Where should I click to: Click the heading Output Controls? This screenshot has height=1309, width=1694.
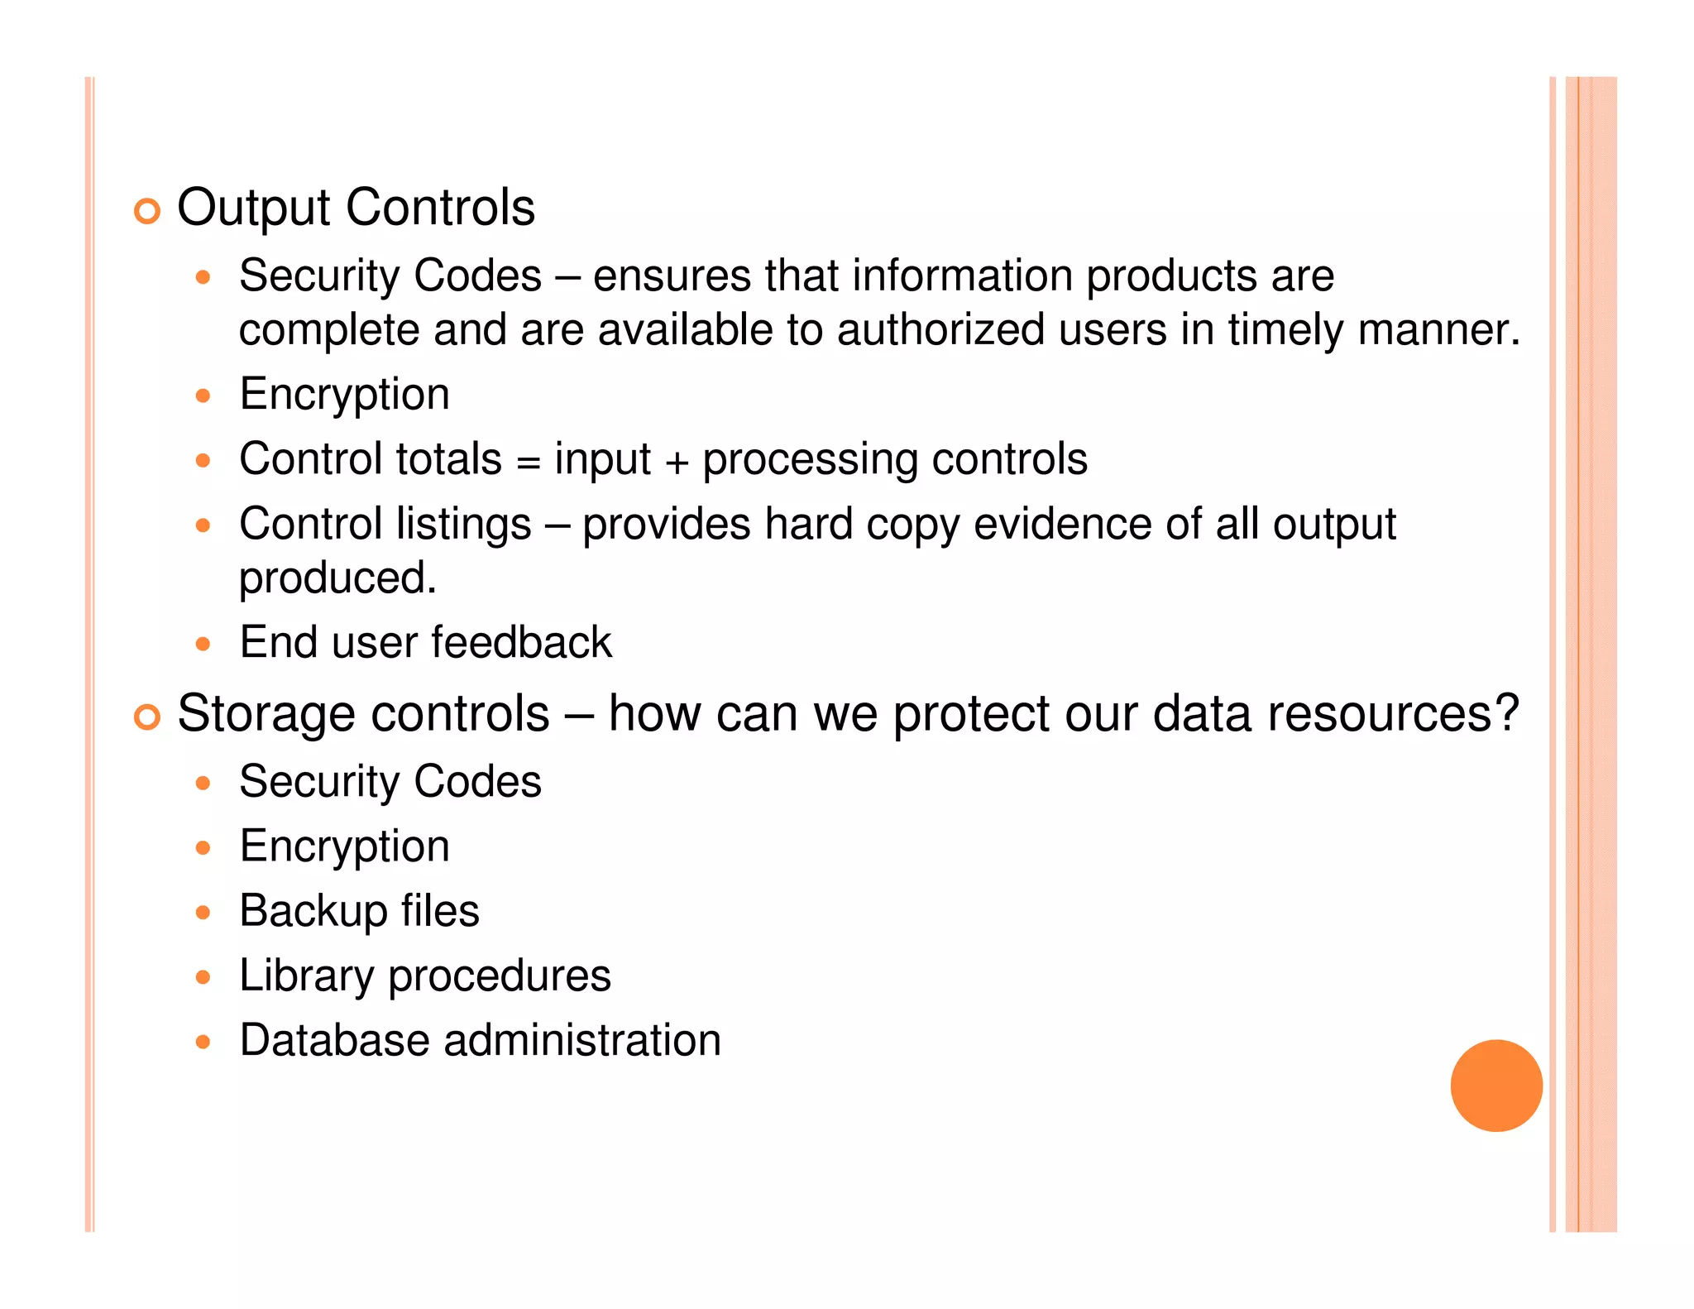coord(356,207)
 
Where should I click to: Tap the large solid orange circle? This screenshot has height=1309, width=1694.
coord(1495,1085)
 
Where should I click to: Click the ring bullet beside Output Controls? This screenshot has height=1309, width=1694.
coord(147,212)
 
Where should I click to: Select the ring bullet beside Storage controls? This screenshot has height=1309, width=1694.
coord(147,717)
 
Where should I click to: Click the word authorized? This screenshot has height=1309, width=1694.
coord(940,330)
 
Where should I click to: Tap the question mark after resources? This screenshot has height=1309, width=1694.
coord(1505,713)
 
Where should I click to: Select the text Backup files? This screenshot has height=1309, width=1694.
coord(359,912)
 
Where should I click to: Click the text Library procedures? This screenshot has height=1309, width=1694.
coord(424,976)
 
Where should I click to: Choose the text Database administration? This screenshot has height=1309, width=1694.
coord(480,1040)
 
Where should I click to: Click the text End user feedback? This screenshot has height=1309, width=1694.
coord(425,642)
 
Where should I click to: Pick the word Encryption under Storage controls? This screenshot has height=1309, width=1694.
coord(344,847)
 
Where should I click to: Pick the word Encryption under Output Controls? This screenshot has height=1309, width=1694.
coord(344,395)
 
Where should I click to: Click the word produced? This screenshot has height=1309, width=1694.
coord(337,578)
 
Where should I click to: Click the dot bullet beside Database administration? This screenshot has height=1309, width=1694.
coord(203,1042)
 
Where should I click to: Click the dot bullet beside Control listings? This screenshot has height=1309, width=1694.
coord(203,525)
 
